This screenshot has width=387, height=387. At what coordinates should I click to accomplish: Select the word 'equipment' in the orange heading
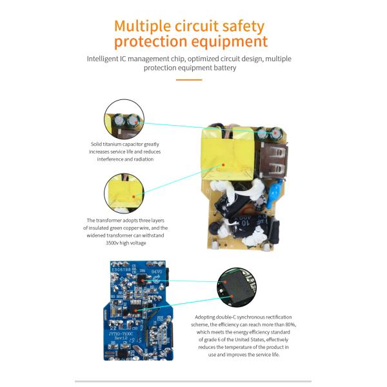(226, 43)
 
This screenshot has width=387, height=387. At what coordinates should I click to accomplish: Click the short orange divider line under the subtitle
(190, 80)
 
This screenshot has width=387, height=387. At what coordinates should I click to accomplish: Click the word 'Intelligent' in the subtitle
(104, 59)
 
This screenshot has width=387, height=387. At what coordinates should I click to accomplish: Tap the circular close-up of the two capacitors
(123, 119)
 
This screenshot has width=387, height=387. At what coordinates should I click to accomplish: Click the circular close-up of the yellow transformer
(123, 194)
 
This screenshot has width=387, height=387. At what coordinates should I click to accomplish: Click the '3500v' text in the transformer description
(114, 244)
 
